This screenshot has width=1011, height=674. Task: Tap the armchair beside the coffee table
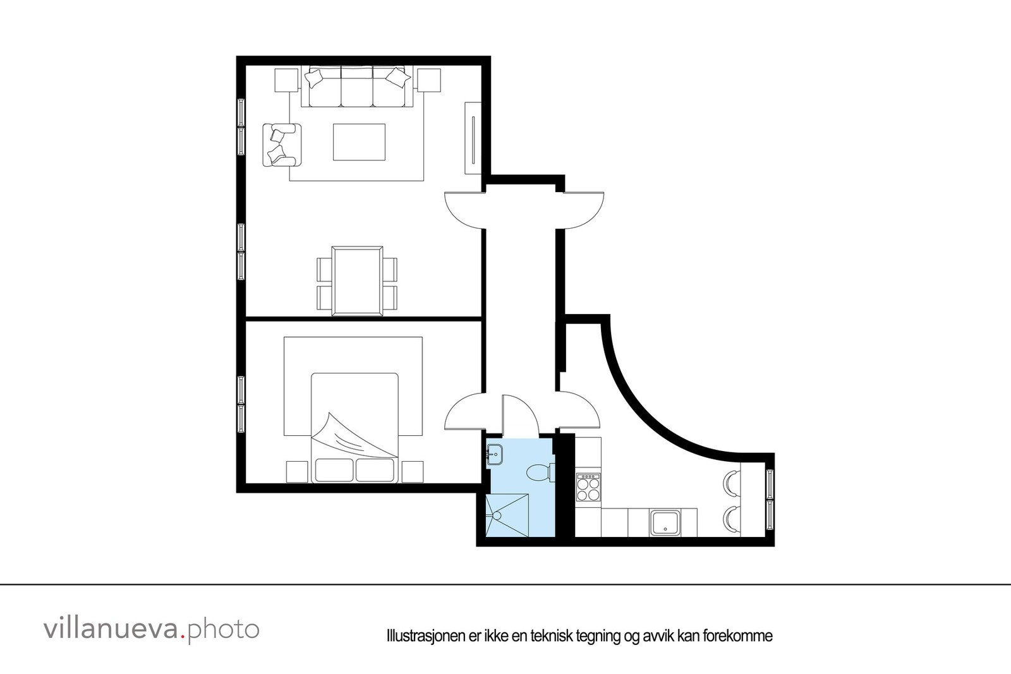pos(282,145)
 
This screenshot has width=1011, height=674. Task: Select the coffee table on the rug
pos(359,142)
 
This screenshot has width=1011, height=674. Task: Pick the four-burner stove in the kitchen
pos(588,487)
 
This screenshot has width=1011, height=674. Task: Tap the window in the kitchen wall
pos(770,500)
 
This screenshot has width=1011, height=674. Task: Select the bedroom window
pos(241,404)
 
